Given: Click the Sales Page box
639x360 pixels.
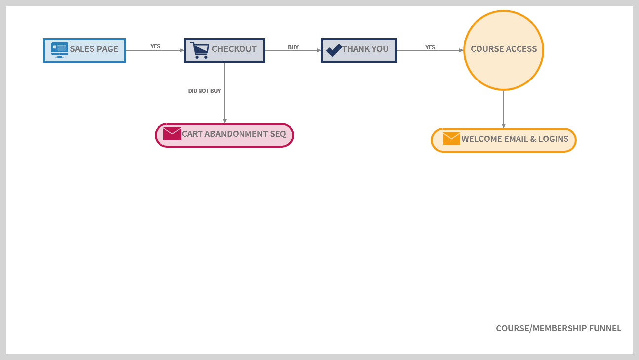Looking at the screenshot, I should [x=85, y=50].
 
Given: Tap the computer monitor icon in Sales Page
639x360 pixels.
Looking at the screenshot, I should [x=60, y=50].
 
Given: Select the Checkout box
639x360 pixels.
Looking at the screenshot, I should [x=225, y=50].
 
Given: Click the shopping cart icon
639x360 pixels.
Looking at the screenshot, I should [x=200, y=50].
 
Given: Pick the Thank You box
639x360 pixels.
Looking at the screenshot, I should [x=359, y=50].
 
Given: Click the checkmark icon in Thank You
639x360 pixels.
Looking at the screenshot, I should [x=334, y=50].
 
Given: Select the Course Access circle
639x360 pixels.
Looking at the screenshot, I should [x=503, y=50].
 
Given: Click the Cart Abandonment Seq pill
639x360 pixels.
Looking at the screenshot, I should [x=225, y=135].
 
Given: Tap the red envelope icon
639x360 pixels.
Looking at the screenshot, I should [x=172, y=134].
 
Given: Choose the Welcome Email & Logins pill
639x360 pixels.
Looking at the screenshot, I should [x=503, y=140].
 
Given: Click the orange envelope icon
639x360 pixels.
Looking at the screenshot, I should [x=451, y=139].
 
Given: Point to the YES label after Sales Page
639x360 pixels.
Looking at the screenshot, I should [x=155, y=46].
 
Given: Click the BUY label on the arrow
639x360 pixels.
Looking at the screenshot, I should [x=293, y=47].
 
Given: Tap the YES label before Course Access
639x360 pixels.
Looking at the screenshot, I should [x=430, y=47].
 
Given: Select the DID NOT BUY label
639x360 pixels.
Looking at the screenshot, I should [x=204, y=91].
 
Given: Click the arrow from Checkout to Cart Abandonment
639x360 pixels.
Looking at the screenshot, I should [x=225, y=106].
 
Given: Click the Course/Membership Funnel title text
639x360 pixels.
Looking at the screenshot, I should [x=559, y=328].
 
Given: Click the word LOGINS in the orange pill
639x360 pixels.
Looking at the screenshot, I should [x=553, y=139].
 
